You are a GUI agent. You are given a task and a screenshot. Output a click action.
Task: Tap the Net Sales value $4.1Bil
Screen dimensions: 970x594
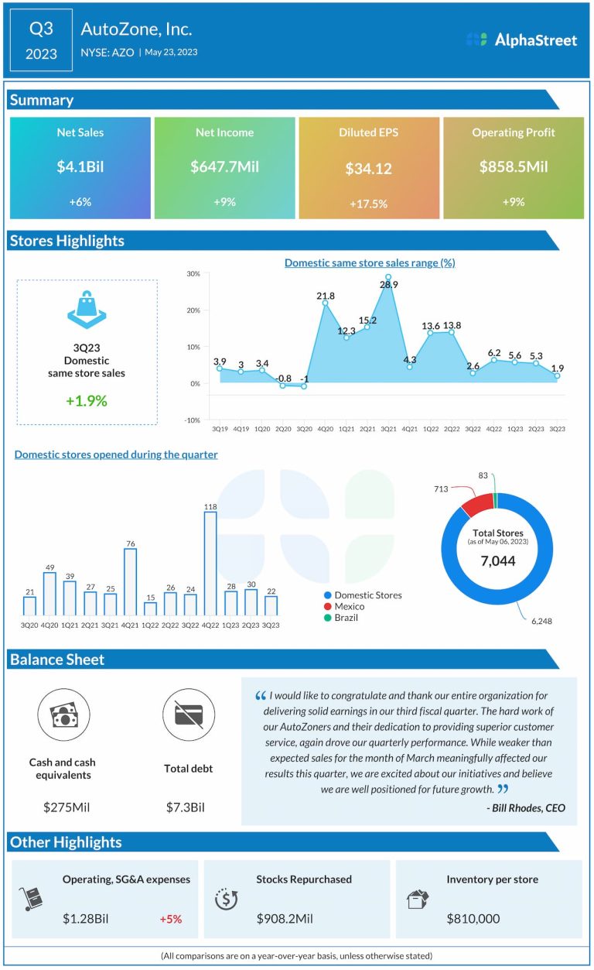point(80,166)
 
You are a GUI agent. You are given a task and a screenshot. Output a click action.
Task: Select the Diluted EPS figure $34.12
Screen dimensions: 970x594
point(368,168)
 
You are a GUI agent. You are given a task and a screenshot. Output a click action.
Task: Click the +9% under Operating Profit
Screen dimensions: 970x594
point(513,202)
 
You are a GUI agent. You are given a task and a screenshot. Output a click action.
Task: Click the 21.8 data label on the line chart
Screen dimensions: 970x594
point(326,296)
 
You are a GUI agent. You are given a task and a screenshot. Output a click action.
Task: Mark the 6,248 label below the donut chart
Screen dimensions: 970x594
point(541,621)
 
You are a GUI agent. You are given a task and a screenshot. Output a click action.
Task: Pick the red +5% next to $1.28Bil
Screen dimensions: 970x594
point(170,919)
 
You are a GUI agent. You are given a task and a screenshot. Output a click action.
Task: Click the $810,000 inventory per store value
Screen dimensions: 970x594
point(473,919)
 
